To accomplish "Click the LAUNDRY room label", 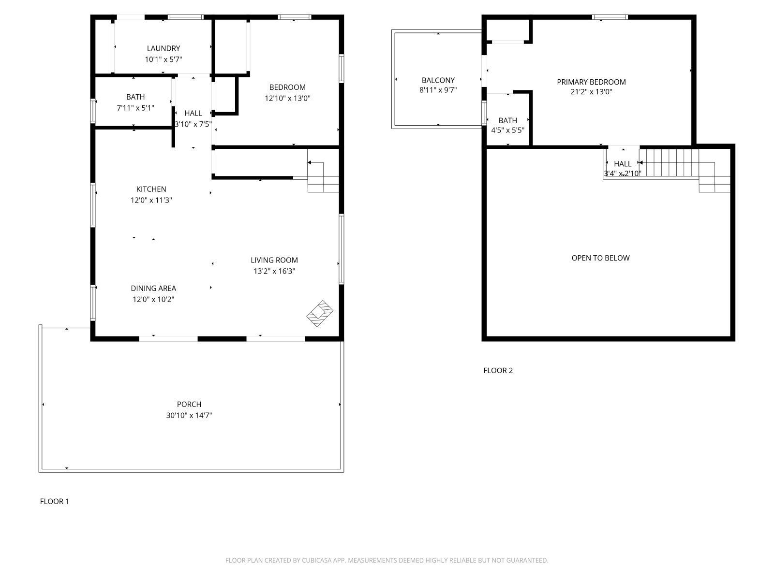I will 164,48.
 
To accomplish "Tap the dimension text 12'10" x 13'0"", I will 287,98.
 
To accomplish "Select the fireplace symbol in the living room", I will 320,313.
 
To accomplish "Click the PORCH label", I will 189,404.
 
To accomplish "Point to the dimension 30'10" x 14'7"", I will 189,415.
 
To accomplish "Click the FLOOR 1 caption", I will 54,501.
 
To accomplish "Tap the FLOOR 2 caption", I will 498,371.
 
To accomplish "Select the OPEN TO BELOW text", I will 600,258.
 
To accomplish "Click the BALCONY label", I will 438,80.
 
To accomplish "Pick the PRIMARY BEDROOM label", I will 591,82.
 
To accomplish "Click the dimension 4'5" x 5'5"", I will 507,130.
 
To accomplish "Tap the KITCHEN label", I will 151,189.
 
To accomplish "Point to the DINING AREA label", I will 153,289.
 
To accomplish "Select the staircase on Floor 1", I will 323,178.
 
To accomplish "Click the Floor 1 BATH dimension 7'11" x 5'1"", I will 135,108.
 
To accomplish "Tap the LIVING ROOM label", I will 274,260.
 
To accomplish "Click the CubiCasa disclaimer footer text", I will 387,561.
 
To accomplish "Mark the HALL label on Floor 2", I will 623,164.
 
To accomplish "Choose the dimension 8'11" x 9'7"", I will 438,90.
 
